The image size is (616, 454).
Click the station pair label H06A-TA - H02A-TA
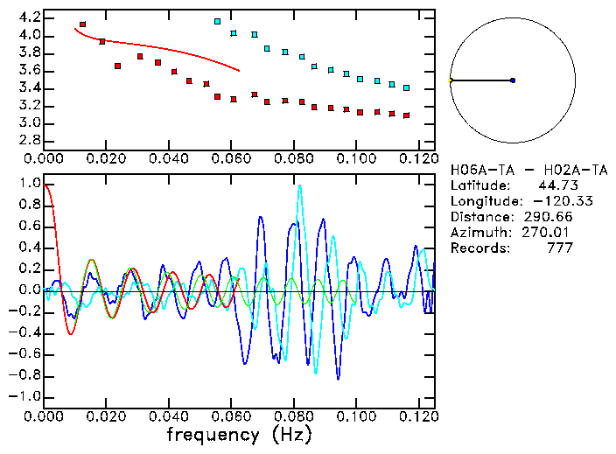(517, 169)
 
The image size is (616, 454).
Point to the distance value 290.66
(549, 216)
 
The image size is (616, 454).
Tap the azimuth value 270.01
(549, 232)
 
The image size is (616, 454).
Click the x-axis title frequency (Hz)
(239, 434)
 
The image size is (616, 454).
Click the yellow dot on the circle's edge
(450, 80)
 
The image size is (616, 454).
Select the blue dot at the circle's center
(513, 80)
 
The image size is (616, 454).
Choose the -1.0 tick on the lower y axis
(25, 396)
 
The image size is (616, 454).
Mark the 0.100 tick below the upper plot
(355, 158)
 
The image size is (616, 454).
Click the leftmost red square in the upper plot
(82, 24)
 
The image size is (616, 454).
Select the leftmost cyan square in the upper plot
(217, 21)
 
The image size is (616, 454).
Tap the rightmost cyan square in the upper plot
(406, 87)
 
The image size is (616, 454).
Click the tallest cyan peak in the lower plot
(299, 186)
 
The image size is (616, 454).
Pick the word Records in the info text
(478, 248)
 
